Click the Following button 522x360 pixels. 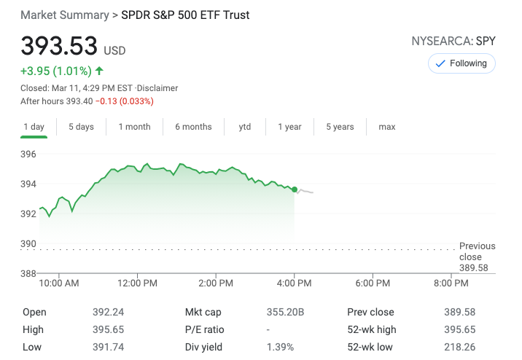[x=461, y=63]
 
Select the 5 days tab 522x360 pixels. [x=81, y=127]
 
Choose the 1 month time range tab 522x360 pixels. [x=134, y=127]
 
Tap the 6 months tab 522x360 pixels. [x=193, y=127]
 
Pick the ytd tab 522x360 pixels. [x=245, y=127]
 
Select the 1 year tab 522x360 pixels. [x=289, y=127]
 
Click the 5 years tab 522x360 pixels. [x=340, y=127]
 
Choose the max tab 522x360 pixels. [x=387, y=127]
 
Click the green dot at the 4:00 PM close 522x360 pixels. [x=295, y=189]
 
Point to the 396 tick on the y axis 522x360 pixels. [x=28, y=154]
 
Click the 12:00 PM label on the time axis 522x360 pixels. [x=137, y=283]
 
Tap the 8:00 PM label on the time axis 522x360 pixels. [x=451, y=283]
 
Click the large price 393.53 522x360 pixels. [x=59, y=46]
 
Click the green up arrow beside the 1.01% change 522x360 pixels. [x=99, y=71]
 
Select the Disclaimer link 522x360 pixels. [x=159, y=88]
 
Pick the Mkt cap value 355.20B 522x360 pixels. [x=285, y=312]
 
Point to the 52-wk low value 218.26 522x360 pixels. [x=459, y=347]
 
